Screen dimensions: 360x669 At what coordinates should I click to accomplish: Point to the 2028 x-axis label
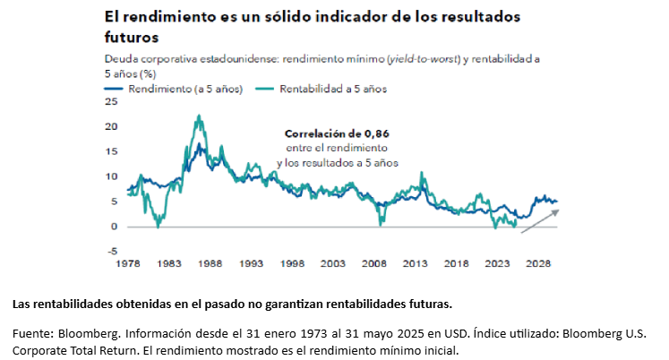click(538, 265)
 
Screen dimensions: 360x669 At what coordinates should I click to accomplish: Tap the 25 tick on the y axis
click(111, 101)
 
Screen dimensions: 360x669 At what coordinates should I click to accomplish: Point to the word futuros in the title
click(132, 38)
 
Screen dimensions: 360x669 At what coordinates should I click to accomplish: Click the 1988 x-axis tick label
click(211, 265)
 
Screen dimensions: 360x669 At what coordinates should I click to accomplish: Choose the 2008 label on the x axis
click(375, 265)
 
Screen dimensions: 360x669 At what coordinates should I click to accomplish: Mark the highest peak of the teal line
click(198, 116)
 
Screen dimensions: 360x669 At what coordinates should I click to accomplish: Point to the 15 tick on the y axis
click(111, 151)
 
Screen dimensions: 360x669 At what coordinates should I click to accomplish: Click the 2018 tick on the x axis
click(457, 265)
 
